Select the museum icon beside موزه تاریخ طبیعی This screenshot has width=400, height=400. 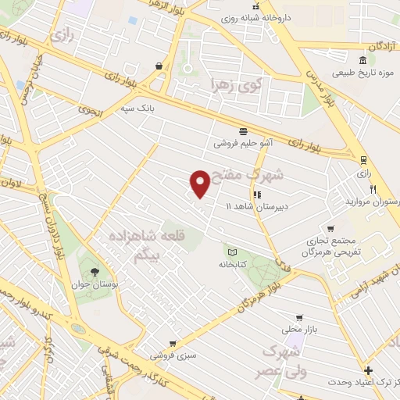pyautogui.click(x=363, y=61)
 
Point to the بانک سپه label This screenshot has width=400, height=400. pyautogui.click(x=137, y=109)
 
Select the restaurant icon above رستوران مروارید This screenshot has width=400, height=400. pyautogui.click(x=373, y=189)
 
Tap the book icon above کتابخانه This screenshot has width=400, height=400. pyautogui.click(x=231, y=252)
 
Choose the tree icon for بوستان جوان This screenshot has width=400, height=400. pyautogui.click(x=94, y=272)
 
